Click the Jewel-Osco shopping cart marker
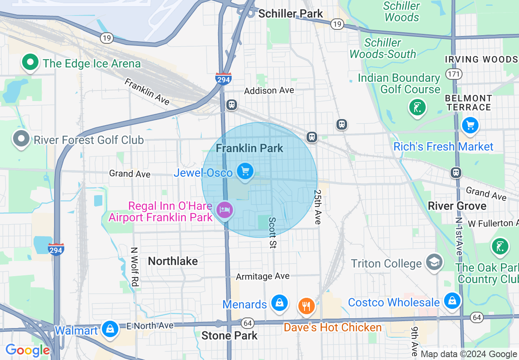245,171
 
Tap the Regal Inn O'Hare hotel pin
225,210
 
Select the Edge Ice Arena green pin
30,63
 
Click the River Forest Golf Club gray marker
21,139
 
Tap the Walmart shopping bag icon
110,329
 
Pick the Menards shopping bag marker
279,303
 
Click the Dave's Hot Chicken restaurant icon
306,306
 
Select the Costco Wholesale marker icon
452,301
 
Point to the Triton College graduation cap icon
434,262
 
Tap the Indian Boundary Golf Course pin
417,108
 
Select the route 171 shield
454,74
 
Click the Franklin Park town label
249,148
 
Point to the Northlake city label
173,261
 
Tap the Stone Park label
229,336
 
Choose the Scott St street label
273,232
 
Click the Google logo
27,350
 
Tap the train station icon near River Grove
456,173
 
